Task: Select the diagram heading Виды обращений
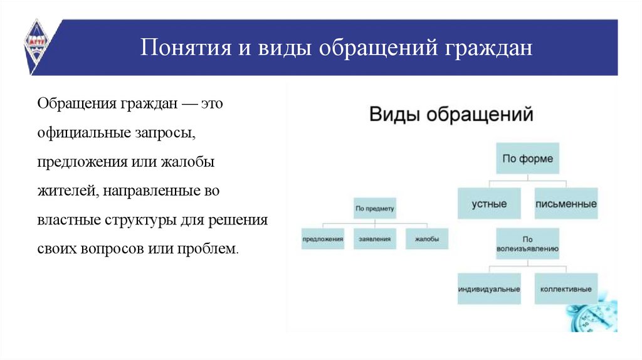click(x=451, y=115)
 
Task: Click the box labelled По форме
click(x=528, y=159)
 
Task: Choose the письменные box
click(x=566, y=204)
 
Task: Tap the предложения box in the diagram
click(x=323, y=239)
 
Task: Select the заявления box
click(x=375, y=239)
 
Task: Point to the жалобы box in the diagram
click(x=427, y=239)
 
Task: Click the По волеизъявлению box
click(x=527, y=244)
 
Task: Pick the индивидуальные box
click(x=489, y=289)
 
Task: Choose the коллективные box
click(x=566, y=289)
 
